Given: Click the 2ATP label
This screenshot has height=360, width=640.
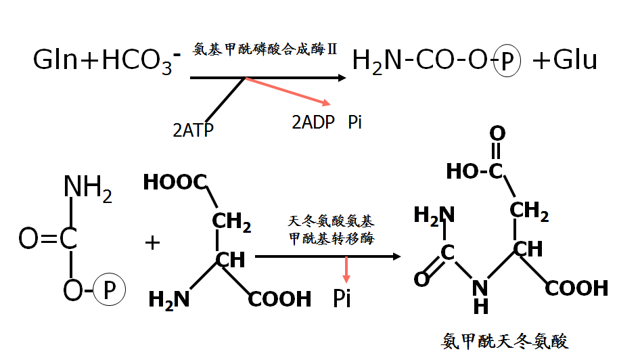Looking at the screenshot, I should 193,129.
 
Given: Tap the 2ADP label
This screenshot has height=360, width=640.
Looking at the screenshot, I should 314,122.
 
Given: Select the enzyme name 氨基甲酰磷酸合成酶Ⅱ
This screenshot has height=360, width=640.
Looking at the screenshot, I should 265,49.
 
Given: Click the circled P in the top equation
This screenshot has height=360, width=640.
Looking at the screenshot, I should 508,62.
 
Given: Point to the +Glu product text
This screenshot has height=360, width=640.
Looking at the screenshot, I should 564,61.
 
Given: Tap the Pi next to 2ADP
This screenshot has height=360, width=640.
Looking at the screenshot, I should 355,122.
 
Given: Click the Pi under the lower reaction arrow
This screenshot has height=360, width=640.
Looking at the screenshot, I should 342,298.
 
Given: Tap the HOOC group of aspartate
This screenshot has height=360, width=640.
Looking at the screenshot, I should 175,182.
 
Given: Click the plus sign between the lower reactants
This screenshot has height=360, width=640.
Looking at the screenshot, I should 153,242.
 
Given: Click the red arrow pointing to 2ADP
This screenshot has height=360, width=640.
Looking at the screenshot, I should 288,91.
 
